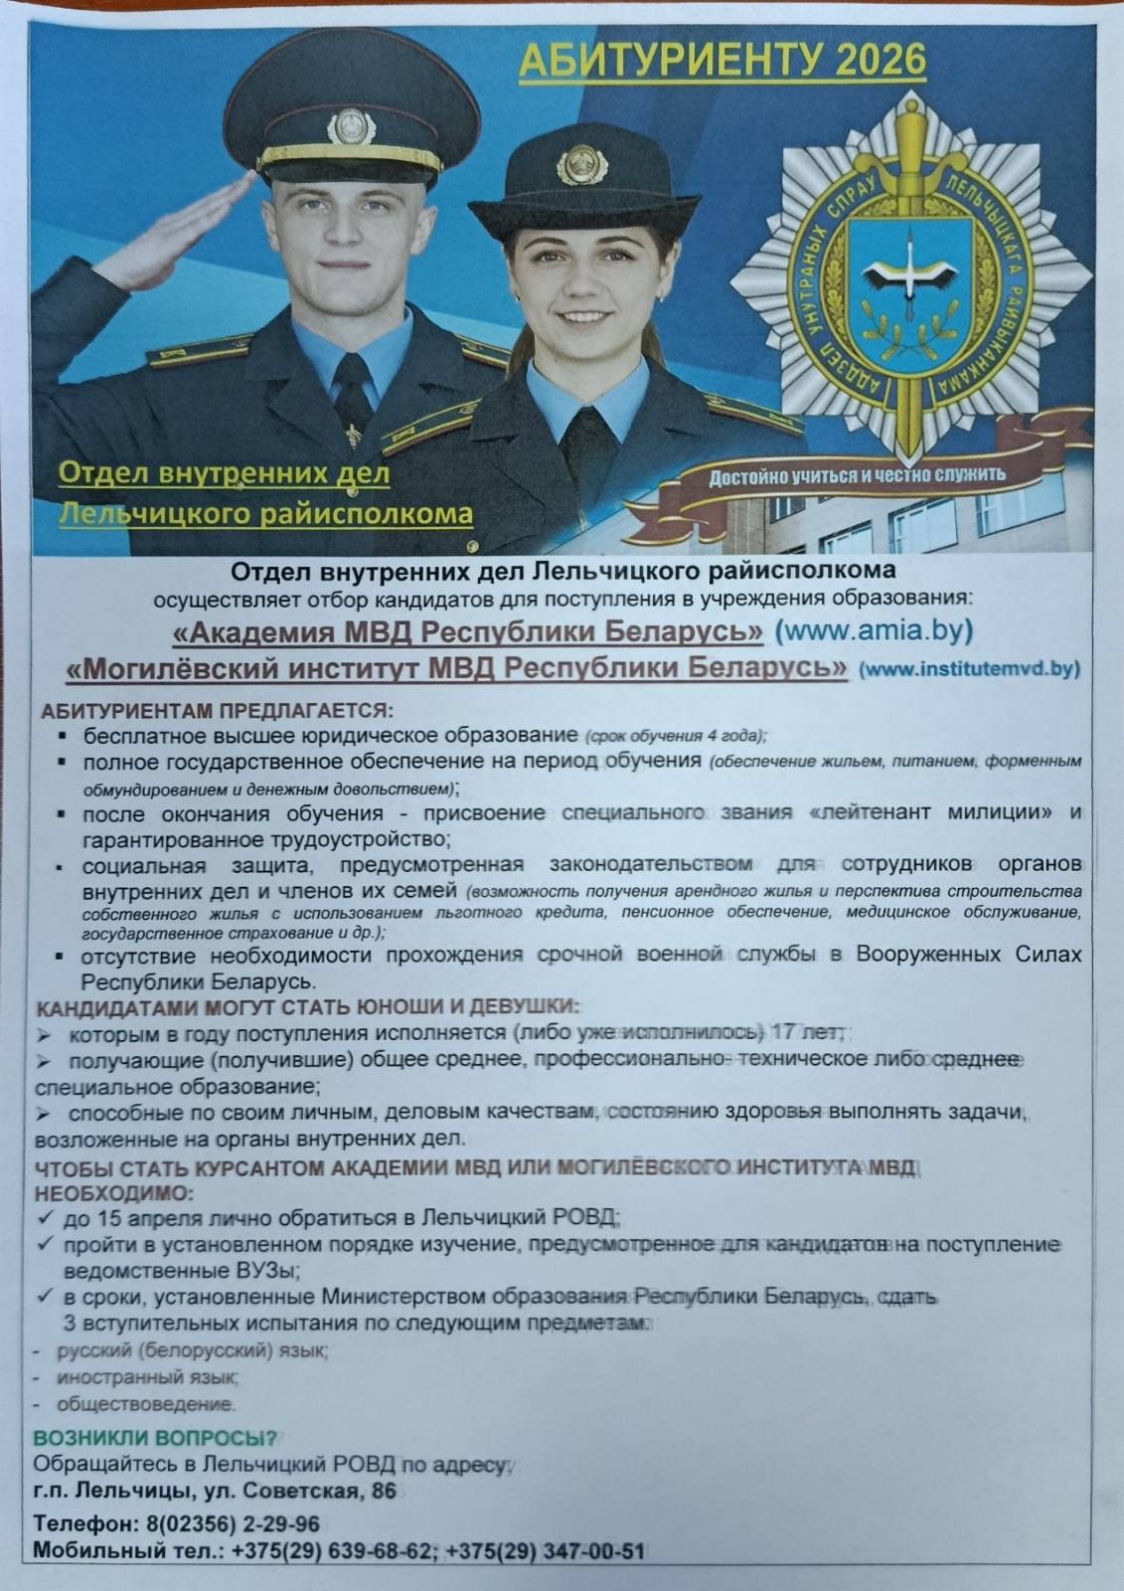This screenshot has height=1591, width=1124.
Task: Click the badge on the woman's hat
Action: click(x=574, y=163)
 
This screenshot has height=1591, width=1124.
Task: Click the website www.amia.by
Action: click(x=874, y=630)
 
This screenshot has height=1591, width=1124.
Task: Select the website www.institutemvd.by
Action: click(x=969, y=668)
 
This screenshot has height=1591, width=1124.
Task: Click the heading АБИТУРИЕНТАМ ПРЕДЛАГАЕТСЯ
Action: click(x=217, y=711)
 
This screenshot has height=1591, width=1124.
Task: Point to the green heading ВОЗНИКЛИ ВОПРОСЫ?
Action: click(x=155, y=1438)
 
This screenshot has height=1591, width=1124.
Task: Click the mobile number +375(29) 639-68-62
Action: click(x=333, y=1550)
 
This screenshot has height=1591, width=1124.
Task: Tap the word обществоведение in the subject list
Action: click(x=145, y=1404)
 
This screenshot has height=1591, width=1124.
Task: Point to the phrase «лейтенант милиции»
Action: click(x=932, y=812)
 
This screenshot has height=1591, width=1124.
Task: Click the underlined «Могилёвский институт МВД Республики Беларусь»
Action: click(x=456, y=667)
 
